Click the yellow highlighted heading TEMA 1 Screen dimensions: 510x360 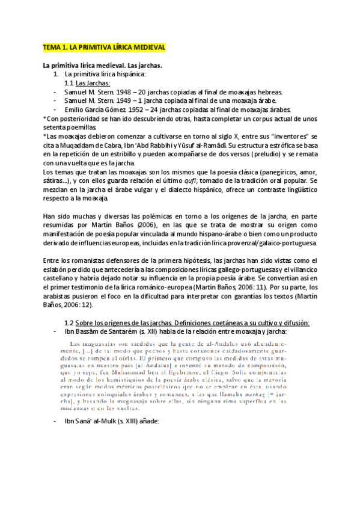(103, 47)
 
